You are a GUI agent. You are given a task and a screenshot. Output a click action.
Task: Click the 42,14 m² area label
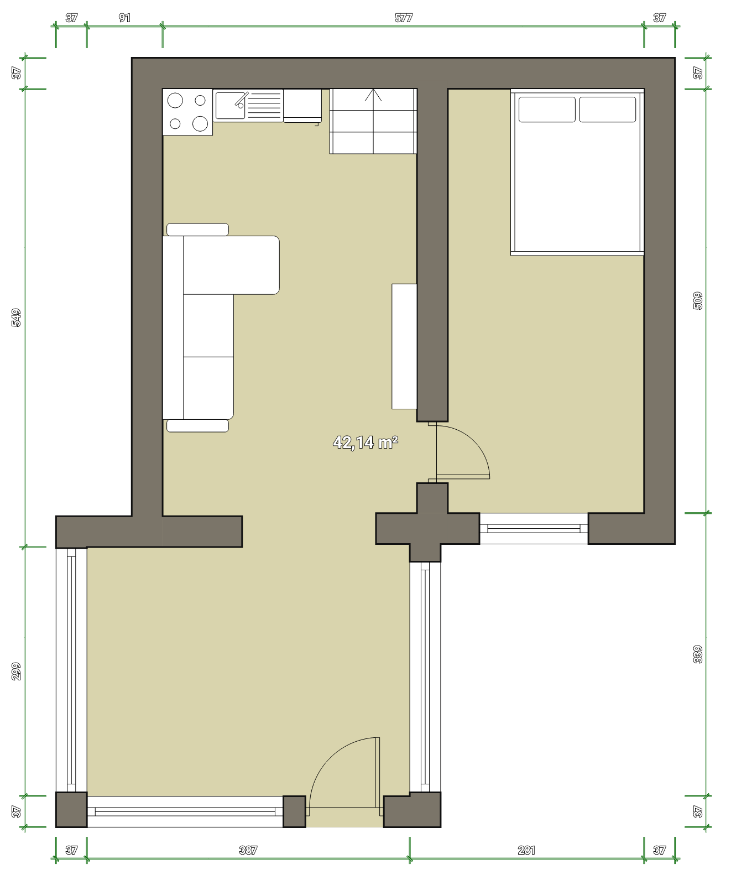365,442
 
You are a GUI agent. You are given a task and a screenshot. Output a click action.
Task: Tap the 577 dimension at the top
404,18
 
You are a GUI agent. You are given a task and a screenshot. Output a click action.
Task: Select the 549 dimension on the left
17,317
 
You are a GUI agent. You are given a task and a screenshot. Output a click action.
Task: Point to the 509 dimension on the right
698,300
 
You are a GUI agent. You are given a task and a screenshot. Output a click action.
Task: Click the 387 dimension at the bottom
248,850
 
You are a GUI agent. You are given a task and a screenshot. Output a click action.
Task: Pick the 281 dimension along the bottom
526,850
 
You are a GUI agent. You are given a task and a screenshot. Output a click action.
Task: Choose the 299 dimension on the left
17,671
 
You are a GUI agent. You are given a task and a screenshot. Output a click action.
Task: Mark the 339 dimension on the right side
698,654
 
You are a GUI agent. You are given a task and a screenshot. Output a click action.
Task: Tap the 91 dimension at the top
125,18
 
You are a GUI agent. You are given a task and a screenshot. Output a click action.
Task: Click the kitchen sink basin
230,106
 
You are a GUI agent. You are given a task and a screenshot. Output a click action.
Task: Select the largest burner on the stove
200,124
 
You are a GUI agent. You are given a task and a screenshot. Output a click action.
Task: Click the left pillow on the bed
547,110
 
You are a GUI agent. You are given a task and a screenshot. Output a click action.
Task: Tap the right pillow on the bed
608,110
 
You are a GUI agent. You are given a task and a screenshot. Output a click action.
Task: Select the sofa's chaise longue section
231,265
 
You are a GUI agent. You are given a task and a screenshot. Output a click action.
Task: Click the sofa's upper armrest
197,229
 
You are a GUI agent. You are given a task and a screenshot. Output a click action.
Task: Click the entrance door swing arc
332,761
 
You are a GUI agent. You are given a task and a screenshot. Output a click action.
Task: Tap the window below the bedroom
534,528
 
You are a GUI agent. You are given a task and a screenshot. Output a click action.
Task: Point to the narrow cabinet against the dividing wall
404,346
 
